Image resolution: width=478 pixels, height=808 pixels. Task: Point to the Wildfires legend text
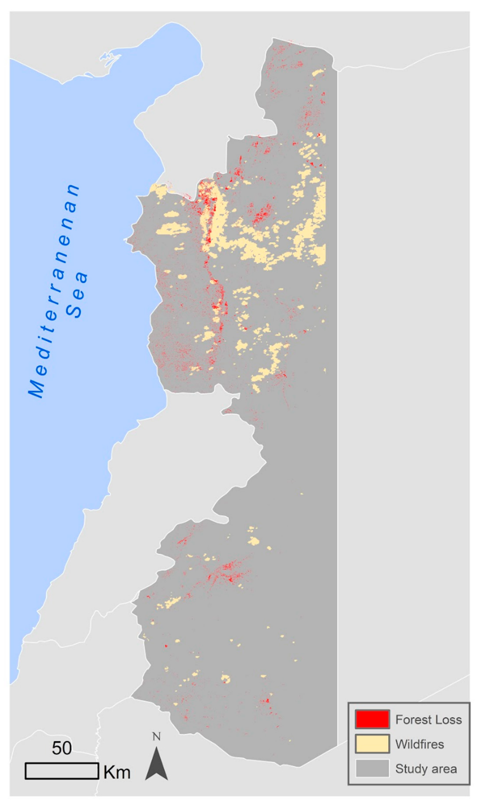point(419,744)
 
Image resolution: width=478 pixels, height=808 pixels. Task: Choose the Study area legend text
point(426,769)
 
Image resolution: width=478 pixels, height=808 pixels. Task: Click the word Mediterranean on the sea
point(54,291)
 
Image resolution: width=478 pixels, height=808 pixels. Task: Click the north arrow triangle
point(157,765)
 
